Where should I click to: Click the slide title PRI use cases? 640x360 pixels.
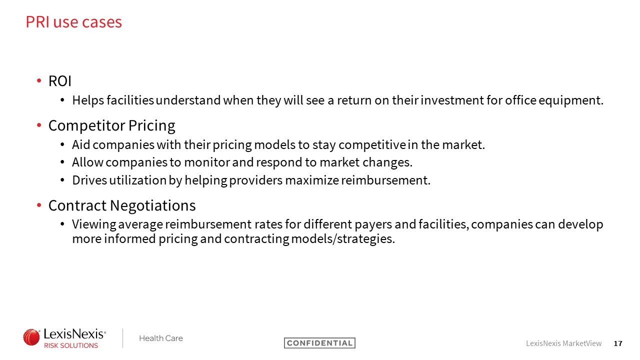73,22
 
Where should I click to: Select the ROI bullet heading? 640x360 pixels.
59,81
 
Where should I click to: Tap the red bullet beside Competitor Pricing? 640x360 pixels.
39,125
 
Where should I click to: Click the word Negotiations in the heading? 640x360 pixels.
153,205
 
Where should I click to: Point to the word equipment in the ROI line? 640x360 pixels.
571,100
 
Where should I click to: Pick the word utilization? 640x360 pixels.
137,180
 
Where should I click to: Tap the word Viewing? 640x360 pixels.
94,224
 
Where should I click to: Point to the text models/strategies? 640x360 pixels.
343,239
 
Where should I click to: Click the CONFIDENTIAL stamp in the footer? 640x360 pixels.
319,343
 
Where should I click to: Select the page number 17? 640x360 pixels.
618,343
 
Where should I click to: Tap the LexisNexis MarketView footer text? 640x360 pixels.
563,343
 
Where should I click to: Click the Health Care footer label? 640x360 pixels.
161,338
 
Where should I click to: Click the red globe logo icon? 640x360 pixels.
31,337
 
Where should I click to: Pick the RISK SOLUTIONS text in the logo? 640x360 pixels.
71,345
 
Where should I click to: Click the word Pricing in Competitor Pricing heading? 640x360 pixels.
151,126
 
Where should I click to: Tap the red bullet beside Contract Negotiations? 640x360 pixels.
39,205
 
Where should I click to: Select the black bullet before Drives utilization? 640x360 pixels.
62,180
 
